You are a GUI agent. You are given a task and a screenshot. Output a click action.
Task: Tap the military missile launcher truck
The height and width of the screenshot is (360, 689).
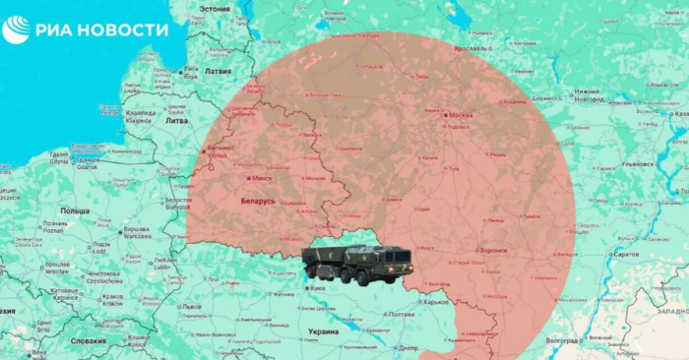(x=355, y=264)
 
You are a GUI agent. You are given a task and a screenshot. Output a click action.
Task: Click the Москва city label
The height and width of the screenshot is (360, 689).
(x=459, y=115)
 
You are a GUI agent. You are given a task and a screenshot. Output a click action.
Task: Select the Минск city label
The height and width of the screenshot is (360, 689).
(x=262, y=178)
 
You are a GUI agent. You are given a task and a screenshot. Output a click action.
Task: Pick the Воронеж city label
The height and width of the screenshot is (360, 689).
(x=493, y=250)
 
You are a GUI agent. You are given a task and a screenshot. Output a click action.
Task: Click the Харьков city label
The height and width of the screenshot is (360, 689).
(x=436, y=302)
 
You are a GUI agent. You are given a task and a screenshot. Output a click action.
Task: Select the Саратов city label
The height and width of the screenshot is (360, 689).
(x=625, y=255)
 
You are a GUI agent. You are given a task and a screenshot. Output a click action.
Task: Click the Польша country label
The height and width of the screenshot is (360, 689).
(x=75, y=210)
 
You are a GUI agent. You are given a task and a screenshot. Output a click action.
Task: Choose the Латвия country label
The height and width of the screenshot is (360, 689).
(x=218, y=71)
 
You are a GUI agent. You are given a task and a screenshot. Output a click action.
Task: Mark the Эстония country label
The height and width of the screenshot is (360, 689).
(x=215, y=8)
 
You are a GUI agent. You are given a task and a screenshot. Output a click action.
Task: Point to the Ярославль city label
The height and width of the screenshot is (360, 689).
(x=474, y=47)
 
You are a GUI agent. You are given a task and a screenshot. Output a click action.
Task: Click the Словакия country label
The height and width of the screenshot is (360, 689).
(x=89, y=340)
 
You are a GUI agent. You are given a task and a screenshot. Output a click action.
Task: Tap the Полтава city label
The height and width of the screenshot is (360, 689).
(x=402, y=314)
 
